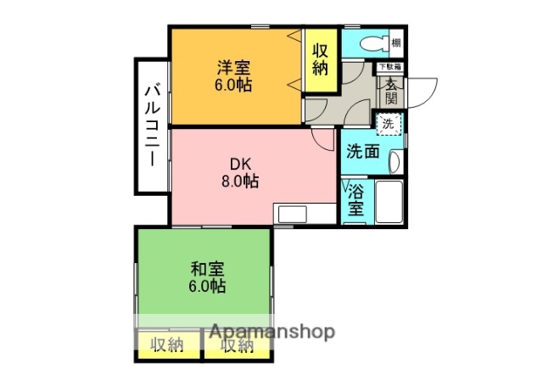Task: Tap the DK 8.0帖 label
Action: click(x=239, y=172)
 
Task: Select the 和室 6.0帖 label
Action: click(x=207, y=277)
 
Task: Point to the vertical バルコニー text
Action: click(x=152, y=125)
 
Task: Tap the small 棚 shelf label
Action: click(x=396, y=42)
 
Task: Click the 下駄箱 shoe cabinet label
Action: click(x=391, y=66)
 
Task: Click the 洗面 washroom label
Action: click(x=362, y=153)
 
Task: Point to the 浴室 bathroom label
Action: click(x=355, y=199)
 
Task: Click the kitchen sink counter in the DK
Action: click(x=294, y=214)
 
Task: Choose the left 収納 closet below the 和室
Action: click(x=167, y=344)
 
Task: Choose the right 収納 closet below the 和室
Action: click(x=237, y=345)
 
